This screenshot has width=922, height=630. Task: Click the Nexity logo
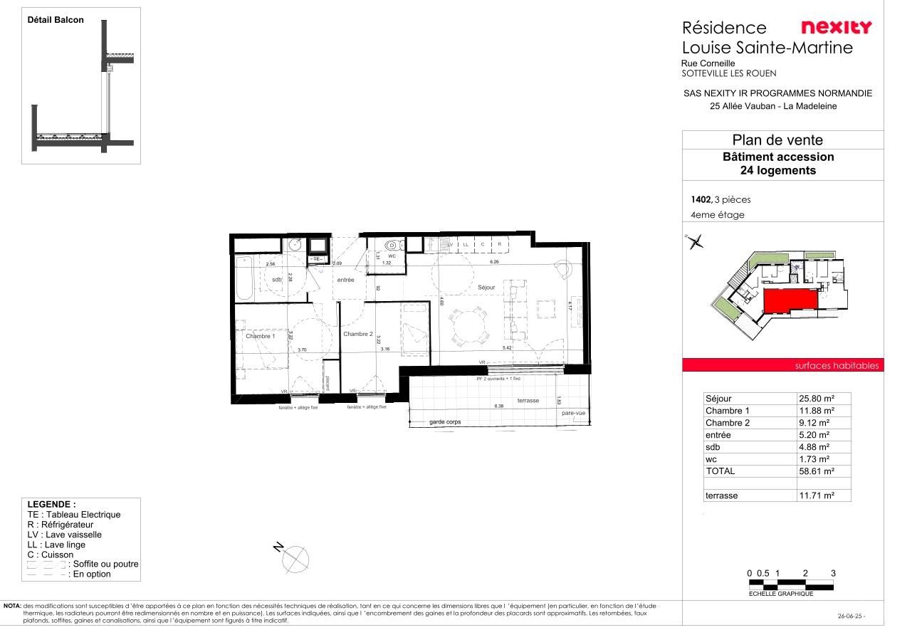(836, 28)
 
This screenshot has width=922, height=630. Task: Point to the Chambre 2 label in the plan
(357, 334)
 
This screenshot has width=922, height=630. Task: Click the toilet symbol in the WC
(390, 246)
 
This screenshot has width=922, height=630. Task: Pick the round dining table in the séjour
(469, 327)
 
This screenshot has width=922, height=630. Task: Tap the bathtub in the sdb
(243, 277)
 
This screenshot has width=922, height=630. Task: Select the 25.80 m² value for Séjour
(816, 399)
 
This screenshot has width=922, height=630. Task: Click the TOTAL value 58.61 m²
(816, 471)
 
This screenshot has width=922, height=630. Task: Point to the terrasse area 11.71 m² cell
(816, 495)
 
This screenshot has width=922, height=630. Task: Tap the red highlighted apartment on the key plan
(790, 303)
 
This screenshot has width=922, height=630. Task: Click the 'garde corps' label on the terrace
(445, 422)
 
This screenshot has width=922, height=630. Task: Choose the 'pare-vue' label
(573, 413)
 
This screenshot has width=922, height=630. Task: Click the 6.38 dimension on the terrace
(498, 406)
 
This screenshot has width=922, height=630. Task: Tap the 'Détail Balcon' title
(56, 20)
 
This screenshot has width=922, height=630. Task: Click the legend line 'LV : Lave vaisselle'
(65, 535)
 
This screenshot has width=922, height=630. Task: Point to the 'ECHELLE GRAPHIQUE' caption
(781, 594)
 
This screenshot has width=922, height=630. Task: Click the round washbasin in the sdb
(295, 246)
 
